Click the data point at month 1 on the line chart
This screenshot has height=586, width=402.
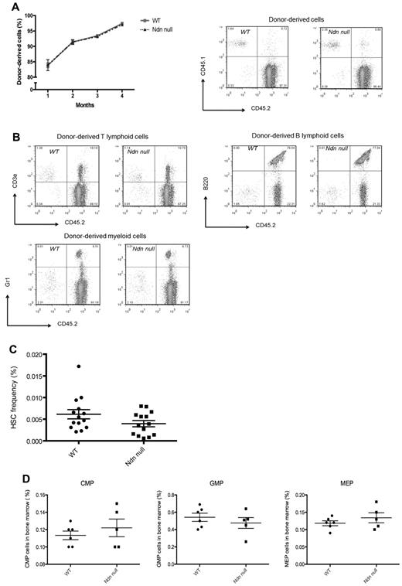[x=48, y=65]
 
